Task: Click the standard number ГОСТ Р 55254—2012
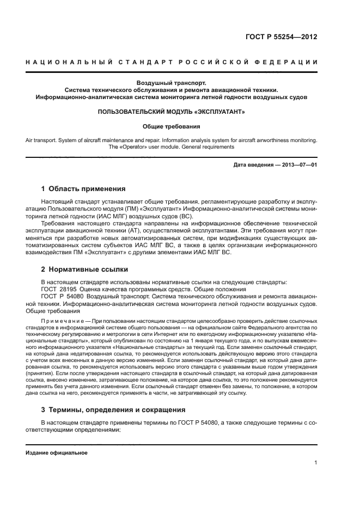pos(283,38)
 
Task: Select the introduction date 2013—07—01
pos(299,165)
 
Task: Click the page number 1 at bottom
pos(316,463)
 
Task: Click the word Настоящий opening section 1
pos(57,201)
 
